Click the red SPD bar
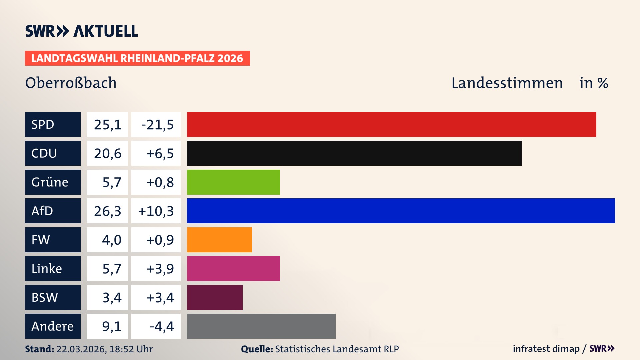391,124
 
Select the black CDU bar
354,153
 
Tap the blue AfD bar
401,211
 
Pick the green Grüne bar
233,182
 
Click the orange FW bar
219,240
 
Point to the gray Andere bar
261,326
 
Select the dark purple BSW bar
215,297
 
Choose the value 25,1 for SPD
107,125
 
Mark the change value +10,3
156,211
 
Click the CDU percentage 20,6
107,153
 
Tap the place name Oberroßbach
71,83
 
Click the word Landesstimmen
507,83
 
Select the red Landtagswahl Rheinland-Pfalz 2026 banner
137,58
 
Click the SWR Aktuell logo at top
81,31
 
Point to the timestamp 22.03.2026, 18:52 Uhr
104,349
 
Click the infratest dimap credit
546,349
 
